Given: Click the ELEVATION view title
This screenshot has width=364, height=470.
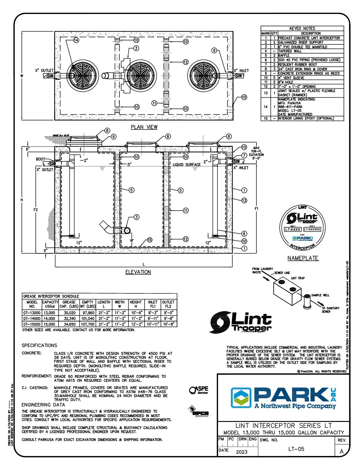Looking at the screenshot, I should click(x=138, y=272).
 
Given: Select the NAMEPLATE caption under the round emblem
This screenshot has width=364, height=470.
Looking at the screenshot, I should click(x=303, y=258).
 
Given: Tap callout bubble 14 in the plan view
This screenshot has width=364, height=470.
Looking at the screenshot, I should click(x=76, y=40).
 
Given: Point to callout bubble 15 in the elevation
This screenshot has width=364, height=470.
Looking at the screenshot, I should click(x=150, y=240).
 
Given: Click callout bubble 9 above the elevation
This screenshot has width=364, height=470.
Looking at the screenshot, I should click(x=113, y=137).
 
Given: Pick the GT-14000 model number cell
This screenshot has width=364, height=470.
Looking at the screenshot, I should click(x=32, y=318).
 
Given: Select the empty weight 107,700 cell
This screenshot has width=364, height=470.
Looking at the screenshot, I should click(x=87, y=324).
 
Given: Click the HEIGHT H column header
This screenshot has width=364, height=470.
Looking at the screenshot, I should click(x=135, y=304).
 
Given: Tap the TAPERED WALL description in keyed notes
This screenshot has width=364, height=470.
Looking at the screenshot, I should click(x=290, y=51).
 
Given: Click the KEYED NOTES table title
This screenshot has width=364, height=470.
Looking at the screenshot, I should click(x=302, y=29).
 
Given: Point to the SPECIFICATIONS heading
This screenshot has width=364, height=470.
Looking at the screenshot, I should click(x=39, y=345).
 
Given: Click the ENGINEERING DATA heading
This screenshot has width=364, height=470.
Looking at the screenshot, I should click(x=43, y=405).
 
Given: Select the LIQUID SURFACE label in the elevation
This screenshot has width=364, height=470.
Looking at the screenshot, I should click(x=187, y=165).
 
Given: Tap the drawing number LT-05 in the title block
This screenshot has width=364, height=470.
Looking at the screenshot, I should click(x=296, y=449).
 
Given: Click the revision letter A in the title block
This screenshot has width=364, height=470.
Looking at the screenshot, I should click(x=342, y=452).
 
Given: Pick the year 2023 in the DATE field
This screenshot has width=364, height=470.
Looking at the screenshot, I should click(x=242, y=452).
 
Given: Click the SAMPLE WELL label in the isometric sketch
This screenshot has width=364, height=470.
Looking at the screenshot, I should click(x=320, y=295).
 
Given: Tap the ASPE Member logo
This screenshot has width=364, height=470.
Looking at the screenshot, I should click(x=198, y=390).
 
